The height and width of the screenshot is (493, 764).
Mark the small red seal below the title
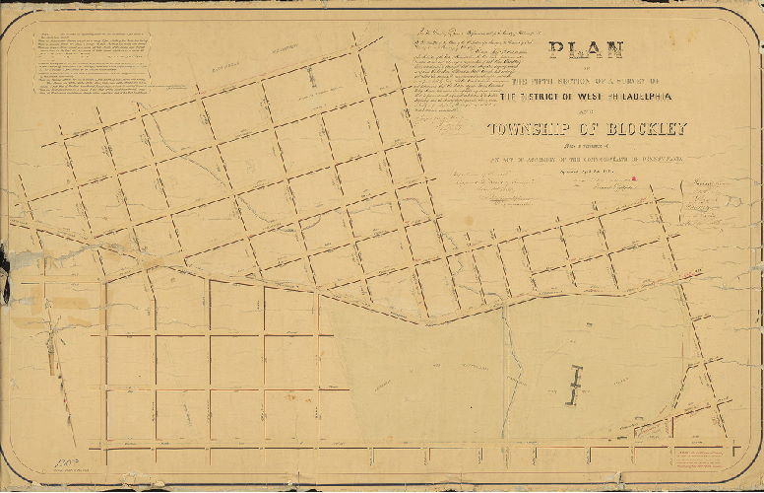635,178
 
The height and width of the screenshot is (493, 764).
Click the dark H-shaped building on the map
577,386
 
